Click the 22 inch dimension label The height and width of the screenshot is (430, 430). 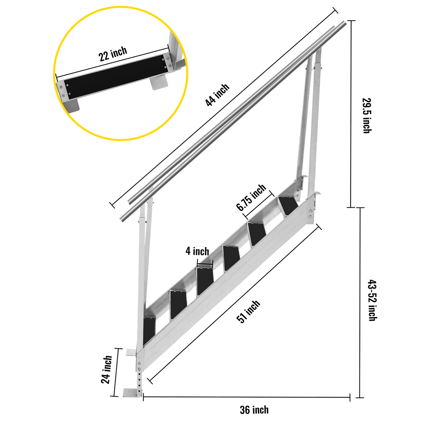pyautogui.click(x=113, y=53)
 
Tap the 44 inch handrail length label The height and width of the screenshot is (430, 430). pyautogui.click(x=217, y=95)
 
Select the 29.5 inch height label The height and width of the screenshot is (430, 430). pyautogui.click(x=367, y=116)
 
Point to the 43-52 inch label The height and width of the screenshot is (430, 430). pyautogui.click(x=372, y=300)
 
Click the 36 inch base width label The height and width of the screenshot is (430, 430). pyautogui.click(x=254, y=410)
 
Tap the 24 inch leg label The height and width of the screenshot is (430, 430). pyautogui.click(x=107, y=370)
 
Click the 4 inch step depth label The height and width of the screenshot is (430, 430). pyautogui.click(x=197, y=251)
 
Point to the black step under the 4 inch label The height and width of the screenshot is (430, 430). pyautogui.click(x=205, y=281)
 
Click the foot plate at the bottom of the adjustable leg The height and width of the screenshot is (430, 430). pyautogui.click(x=132, y=393)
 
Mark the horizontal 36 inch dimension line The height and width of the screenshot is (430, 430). pyautogui.click(x=246, y=397)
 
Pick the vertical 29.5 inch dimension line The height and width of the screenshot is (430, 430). pyautogui.click(x=351, y=114)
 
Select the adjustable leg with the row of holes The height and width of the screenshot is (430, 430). pyautogui.click(x=139, y=382)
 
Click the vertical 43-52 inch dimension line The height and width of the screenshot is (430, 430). pyautogui.click(x=360, y=302)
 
